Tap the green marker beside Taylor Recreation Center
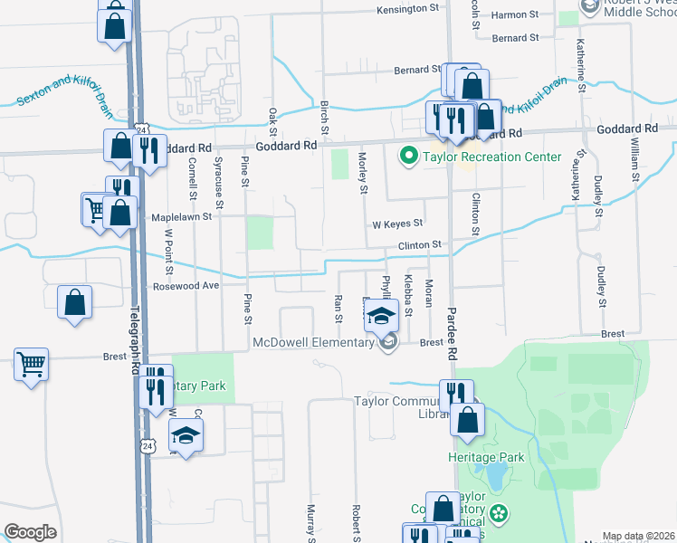click(408, 157)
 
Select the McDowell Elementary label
click(313, 342)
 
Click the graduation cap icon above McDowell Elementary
click(382, 316)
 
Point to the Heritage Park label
click(487, 457)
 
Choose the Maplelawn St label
click(181, 217)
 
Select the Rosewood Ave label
click(186, 286)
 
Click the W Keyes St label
click(397, 224)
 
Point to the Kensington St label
click(407, 9)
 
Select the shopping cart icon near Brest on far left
click(31, 365)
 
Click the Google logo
click(30, 532)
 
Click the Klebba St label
click(408, 296)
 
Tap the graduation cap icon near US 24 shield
click(186, 436)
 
